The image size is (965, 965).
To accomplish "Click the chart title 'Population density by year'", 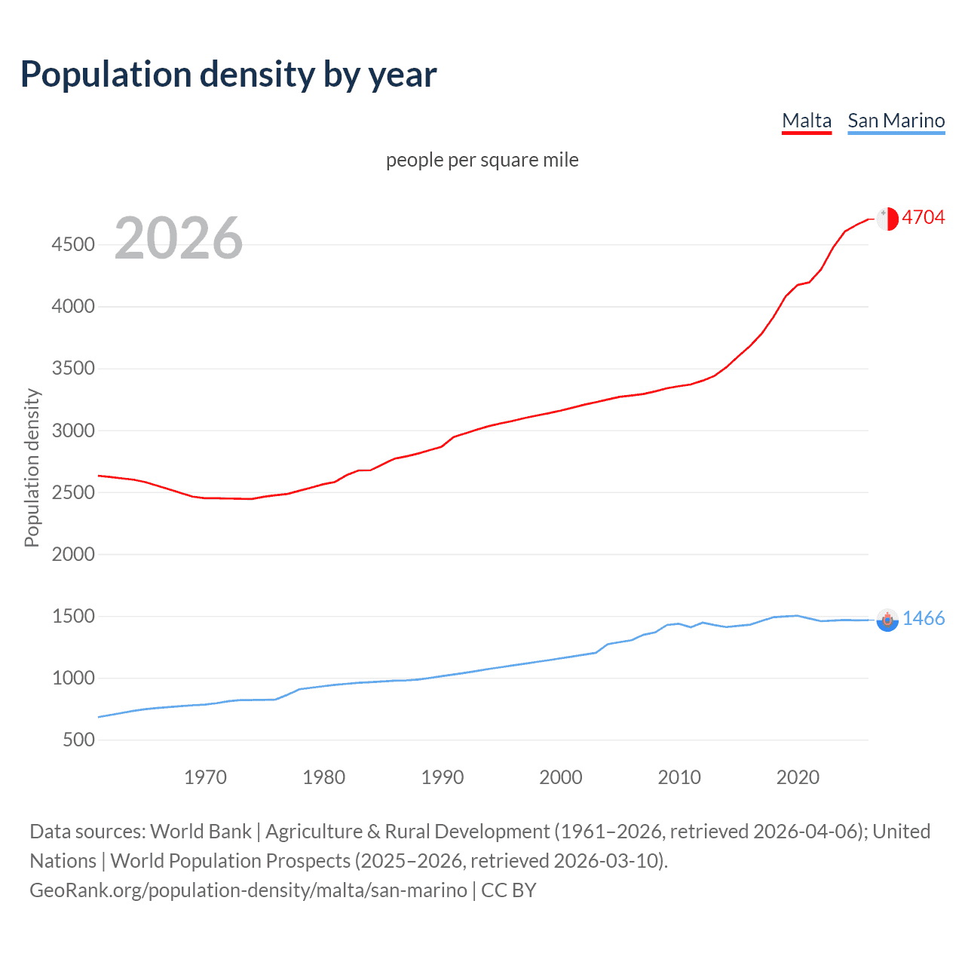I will pyautogui.click(x=228, y=75).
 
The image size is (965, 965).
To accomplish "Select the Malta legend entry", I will pyautogui.click(x=806, y=121).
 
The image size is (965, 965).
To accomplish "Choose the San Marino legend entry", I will pyautogui.click(x=896, y=121).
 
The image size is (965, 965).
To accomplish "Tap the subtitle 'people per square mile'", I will pyautogui.click(x=482, y=160).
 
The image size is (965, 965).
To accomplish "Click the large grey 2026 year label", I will pyautogui.click(x=179, y=238).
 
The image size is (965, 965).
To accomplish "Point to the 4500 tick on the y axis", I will pyautogui.click(x=73, y=244).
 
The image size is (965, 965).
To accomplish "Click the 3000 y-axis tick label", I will pyautogui.click(x=73, y=430).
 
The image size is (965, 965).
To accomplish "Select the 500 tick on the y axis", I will pyautogui.click(x=79, y=740).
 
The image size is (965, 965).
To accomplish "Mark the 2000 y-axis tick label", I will pyautogui.click(x=73, y=554).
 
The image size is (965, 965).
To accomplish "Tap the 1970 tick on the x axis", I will pyautogui.click(x=205, y=777).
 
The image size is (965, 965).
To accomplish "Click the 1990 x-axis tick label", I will pyautogui.click(x=443, y=777).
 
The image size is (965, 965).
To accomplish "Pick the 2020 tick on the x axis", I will pyautogui.click(x=798, y=777).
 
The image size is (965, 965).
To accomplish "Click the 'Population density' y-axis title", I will pyautogui.click(x=32, y=467).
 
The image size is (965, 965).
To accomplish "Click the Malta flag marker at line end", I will pyautogui.click(x=887, y=219).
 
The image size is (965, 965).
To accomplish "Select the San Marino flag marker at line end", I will pyautogui.click(x=887, y=620).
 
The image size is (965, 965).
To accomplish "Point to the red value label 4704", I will pyautogui.click(x=923, y=218).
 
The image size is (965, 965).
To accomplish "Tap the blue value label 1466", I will pyautogui.click(x=923, y=619).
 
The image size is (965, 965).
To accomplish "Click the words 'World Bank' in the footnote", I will pyautogui.click(x=201, y=832).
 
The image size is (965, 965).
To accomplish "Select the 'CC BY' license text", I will pyautogui.click(x=508, y=890).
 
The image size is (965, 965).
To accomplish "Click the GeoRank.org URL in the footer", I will pyautogui.click(x=248, y=890).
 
